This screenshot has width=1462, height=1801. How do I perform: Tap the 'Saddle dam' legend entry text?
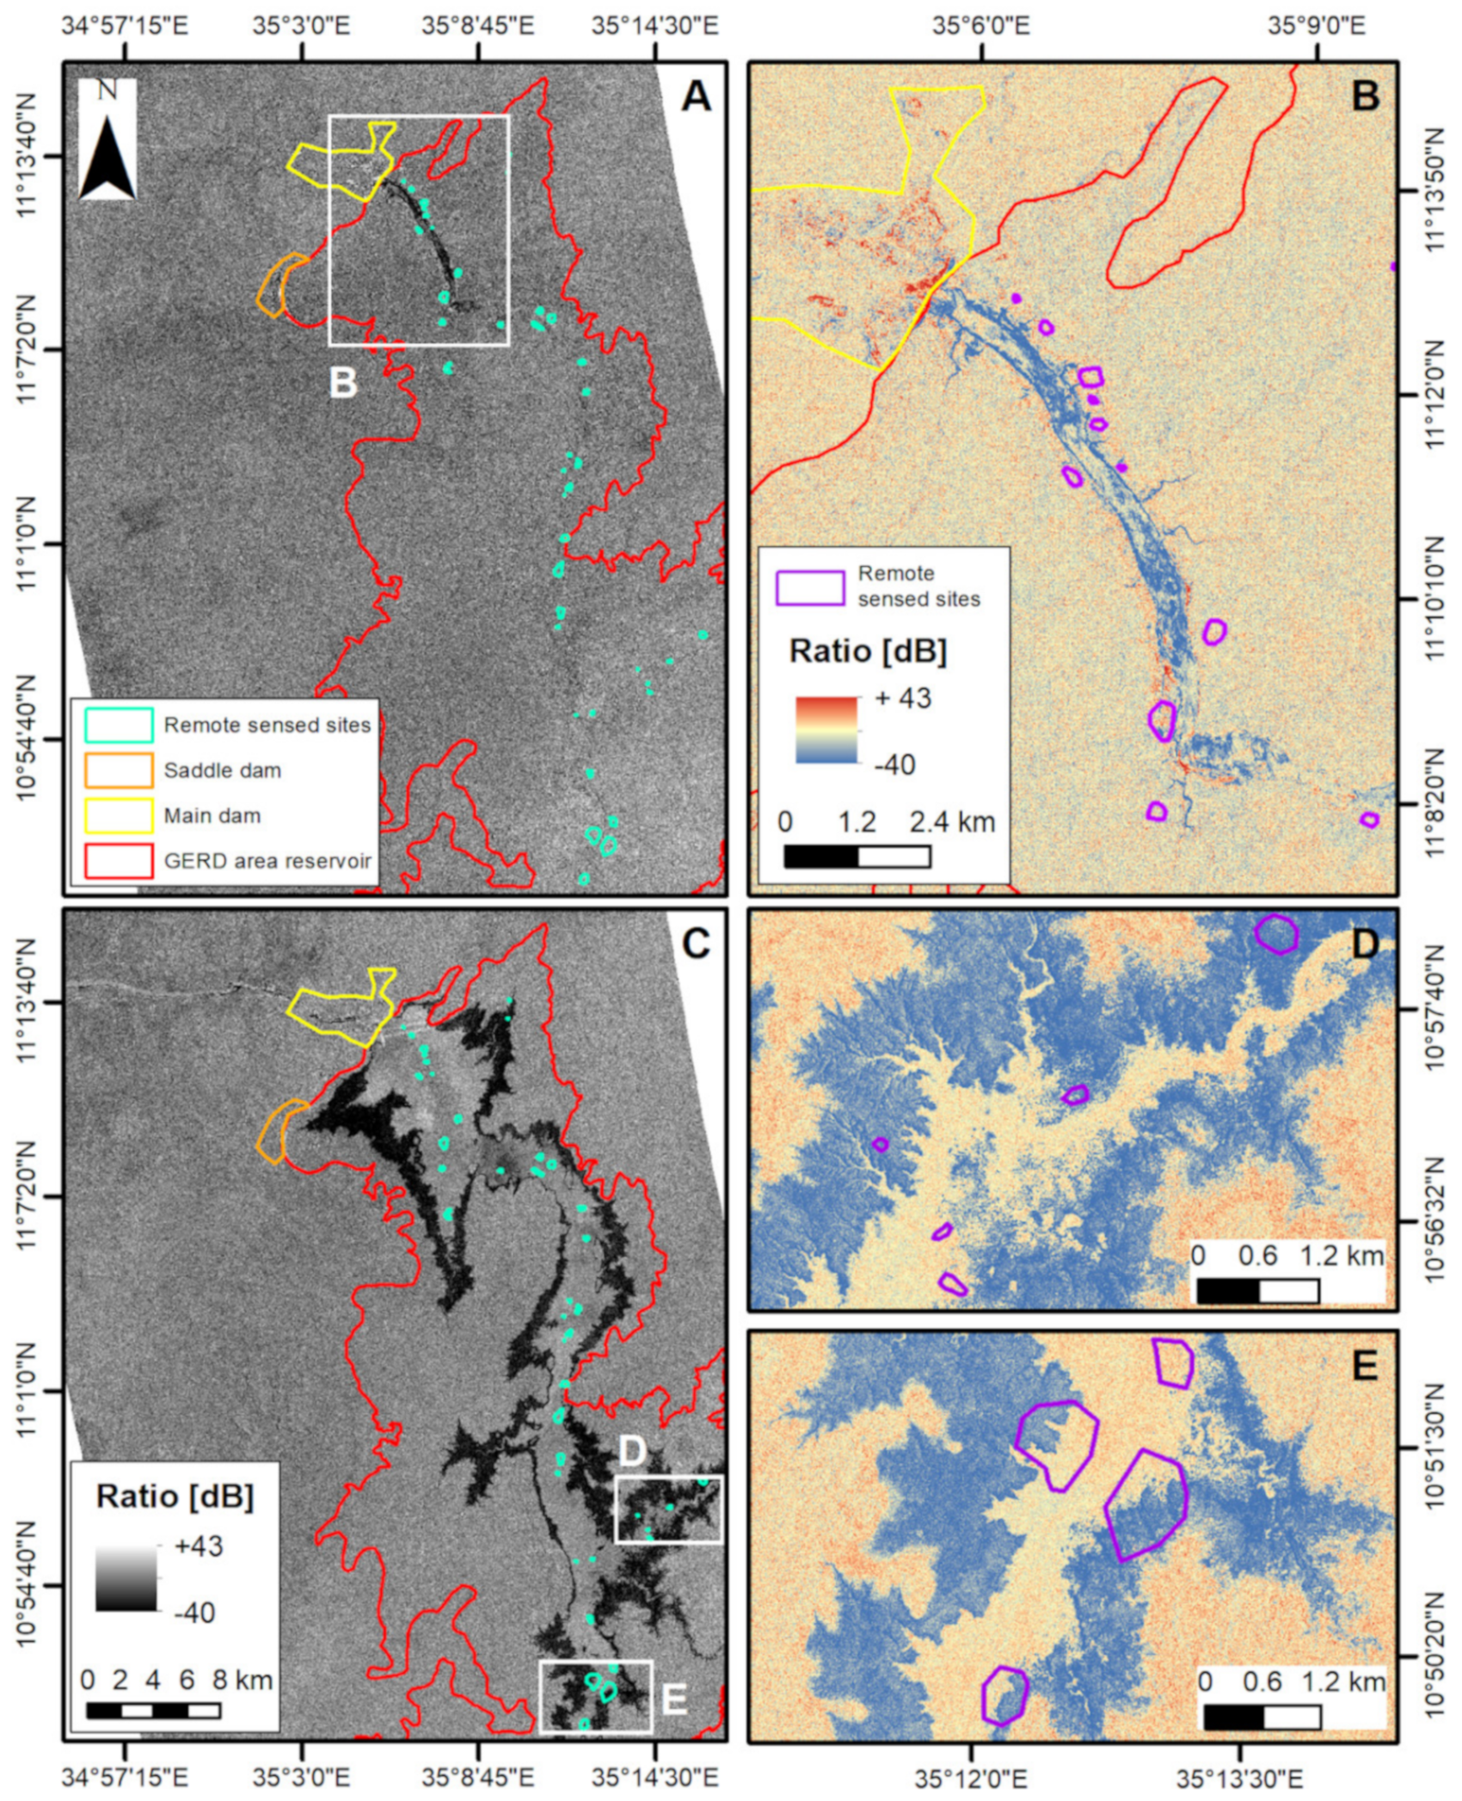click(222, 771)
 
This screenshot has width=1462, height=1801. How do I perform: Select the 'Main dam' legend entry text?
click(212, 815)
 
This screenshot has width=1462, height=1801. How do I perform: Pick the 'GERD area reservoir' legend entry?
click(267, 860)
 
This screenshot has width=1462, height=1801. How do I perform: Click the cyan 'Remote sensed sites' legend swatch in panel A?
click(119, 725)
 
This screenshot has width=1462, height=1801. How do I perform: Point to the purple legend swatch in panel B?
click(809, 588)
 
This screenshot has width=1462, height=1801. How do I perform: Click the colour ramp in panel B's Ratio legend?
click(826, 729)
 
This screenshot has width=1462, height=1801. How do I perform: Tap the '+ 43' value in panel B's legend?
click(902, 698)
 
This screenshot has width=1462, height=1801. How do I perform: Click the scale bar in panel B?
click(857, 857)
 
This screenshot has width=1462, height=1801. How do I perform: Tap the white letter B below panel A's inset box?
click(343, 383)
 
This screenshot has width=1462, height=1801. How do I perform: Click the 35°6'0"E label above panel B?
click(981, 26)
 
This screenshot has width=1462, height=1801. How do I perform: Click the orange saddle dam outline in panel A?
click(273, 286)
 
